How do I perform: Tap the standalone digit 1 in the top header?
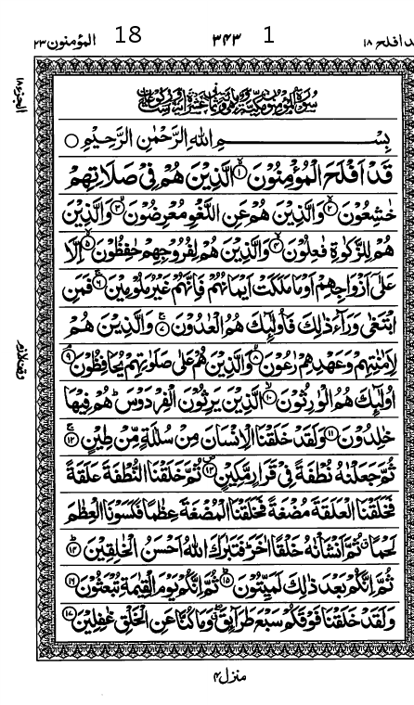click(269, 35)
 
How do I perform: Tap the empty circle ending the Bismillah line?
click(71, 140)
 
